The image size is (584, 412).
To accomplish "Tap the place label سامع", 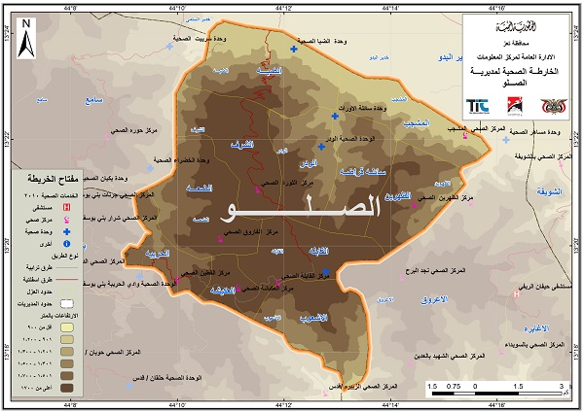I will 94,99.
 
